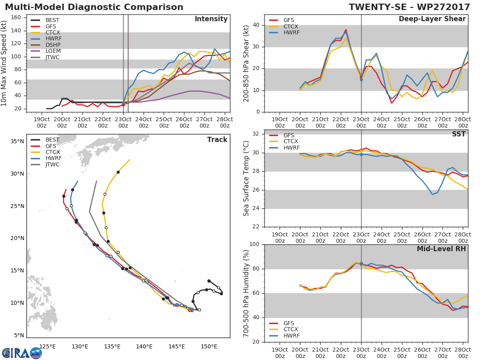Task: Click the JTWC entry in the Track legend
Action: [52, 164]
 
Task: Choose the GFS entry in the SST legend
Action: [288, 135]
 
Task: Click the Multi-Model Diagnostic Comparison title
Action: [94, 7]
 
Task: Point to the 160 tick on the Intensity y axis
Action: [16, 17]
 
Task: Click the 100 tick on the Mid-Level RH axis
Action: [254, 244]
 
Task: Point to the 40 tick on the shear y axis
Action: [256, 25]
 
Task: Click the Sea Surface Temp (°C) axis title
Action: [246, 178]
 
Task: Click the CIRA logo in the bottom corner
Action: [22, 353]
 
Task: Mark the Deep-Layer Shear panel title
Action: [432, 19]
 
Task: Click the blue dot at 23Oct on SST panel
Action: [361, 154]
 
